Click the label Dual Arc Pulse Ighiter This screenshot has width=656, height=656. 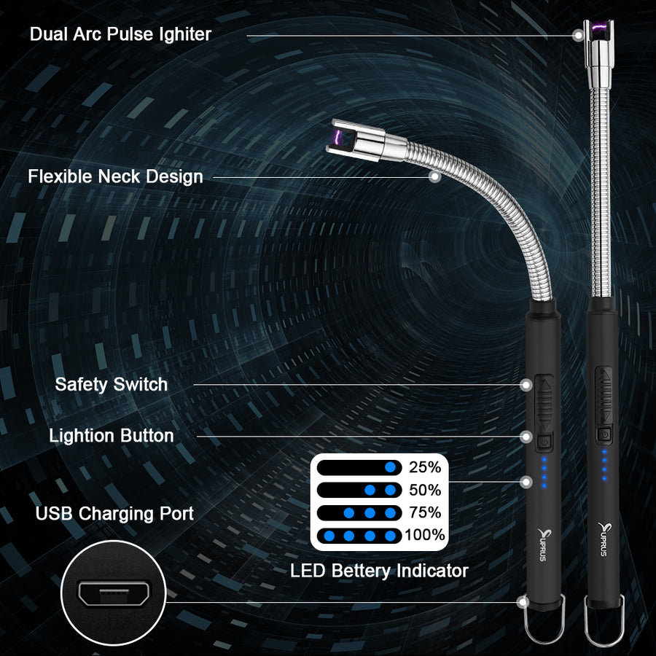click(120, 34)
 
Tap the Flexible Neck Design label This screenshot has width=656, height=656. click(115, 176)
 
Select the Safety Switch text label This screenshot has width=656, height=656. click(112, 384)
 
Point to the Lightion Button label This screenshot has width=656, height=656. click(112, 436)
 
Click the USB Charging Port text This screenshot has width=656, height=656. click(114, 514)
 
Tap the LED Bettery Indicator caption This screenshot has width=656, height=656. click(379, 571)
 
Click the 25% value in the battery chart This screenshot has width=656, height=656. click(425, 467)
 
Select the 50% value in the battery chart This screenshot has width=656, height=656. click(425, 490)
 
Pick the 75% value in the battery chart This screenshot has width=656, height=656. click(425, 512)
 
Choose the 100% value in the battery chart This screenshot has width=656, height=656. click(425, 535)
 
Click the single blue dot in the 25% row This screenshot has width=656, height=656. click(391, 467)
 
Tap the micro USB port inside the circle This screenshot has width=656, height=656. click(114, 593)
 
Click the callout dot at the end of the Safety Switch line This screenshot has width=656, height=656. click(526, 385)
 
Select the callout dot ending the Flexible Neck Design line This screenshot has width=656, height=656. click(435, 177)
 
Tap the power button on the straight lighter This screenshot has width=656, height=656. click(604, 434)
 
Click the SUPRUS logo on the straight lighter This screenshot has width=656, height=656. click(603, 539)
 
